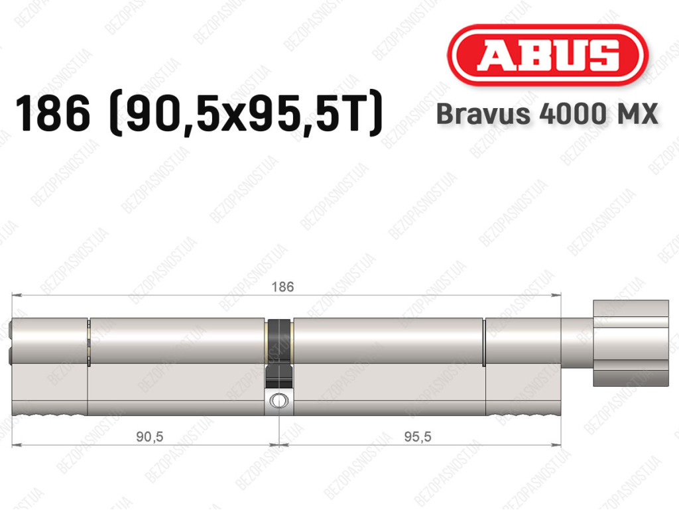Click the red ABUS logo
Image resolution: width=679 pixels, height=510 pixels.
point(547,55)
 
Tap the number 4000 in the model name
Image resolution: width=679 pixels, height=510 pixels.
point(572,114)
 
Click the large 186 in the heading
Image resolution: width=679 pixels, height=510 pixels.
point(53,114)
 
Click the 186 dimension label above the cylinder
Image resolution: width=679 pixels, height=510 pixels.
point(282,287)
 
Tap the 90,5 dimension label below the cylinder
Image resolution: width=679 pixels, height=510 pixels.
point(149,436)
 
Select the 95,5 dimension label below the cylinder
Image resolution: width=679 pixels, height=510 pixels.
point(418,436)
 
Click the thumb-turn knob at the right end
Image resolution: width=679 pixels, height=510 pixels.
point(631,344)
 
